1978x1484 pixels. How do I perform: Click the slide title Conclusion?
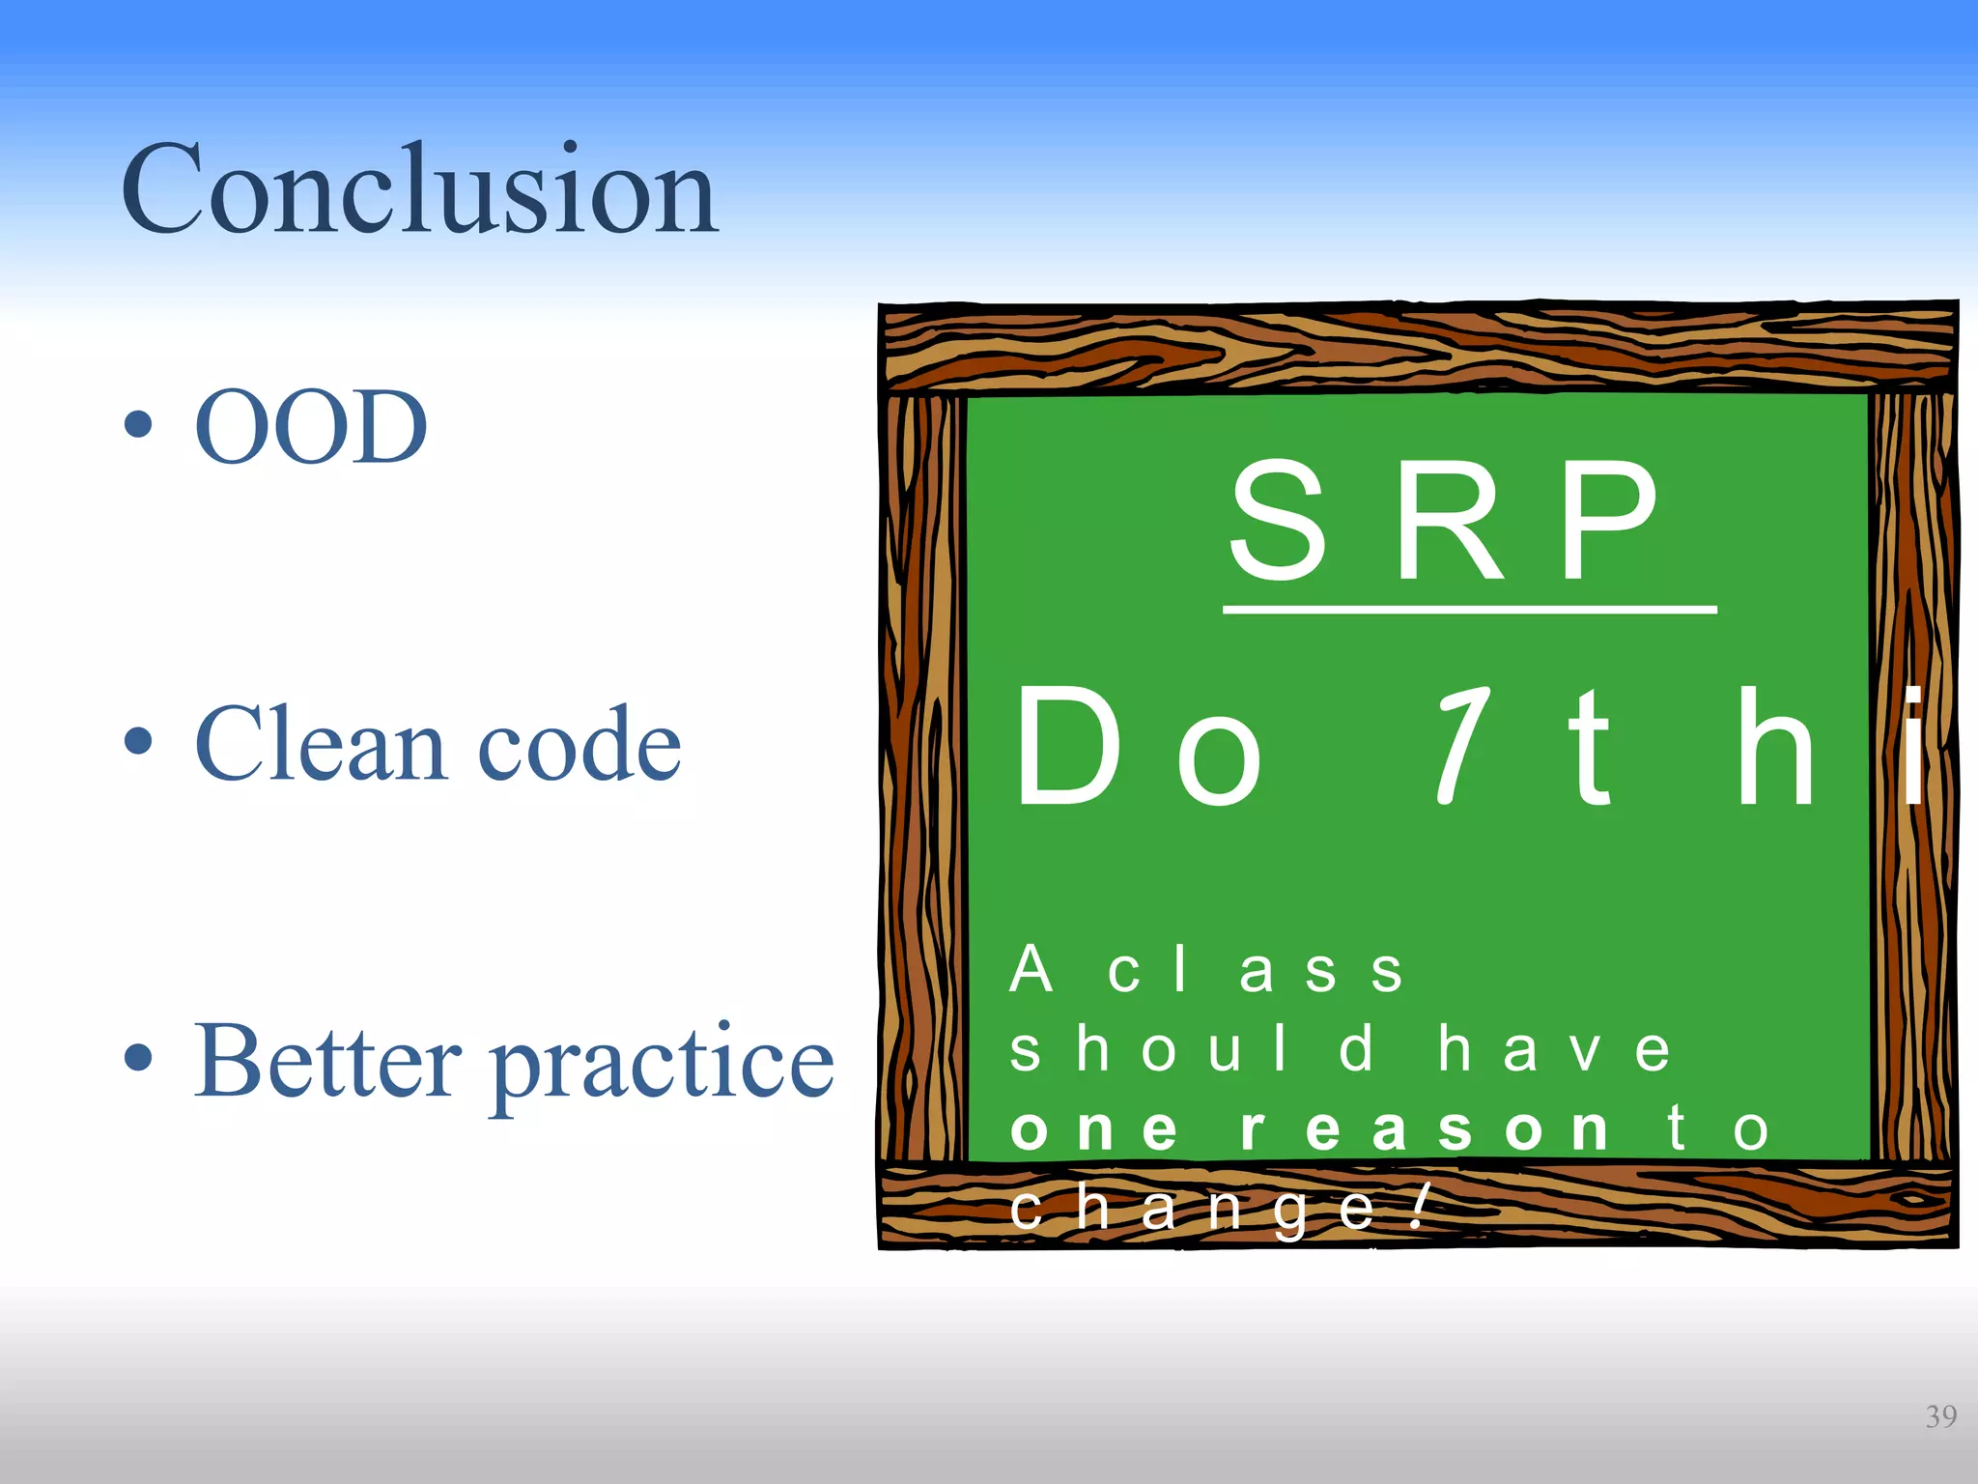(418, 190)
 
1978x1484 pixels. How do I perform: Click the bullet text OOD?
(310, 427)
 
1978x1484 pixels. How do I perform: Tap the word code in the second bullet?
(579, 745)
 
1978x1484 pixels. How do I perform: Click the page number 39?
(1940, 1416)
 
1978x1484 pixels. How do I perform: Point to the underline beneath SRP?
(1469, 610)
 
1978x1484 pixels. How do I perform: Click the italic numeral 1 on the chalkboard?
(1460, 745)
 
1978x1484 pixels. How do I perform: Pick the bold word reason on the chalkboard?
(1425, 1128)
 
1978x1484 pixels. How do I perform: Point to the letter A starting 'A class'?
(1030, 969)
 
